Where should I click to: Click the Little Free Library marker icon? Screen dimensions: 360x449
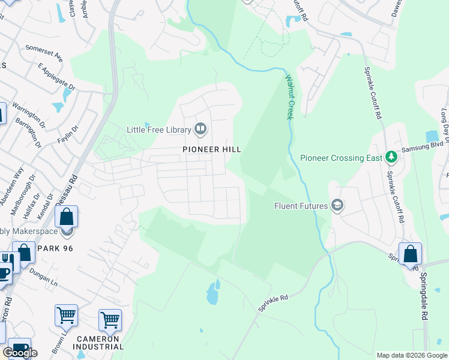(200, 129)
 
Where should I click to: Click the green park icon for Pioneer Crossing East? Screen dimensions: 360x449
(391, 158)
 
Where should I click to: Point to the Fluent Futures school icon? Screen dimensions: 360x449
(337, 206)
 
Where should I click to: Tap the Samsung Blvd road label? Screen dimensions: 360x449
(423, 146)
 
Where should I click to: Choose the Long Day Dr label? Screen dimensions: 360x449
(445, 122)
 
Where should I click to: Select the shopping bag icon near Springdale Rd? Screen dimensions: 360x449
(410, 254)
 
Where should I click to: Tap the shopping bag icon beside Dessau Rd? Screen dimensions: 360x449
(67, 217)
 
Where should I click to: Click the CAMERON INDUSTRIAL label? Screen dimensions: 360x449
(100, 342)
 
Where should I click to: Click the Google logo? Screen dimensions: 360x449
(20, 353)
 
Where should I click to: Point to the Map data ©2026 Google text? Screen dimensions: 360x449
(412, 355)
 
